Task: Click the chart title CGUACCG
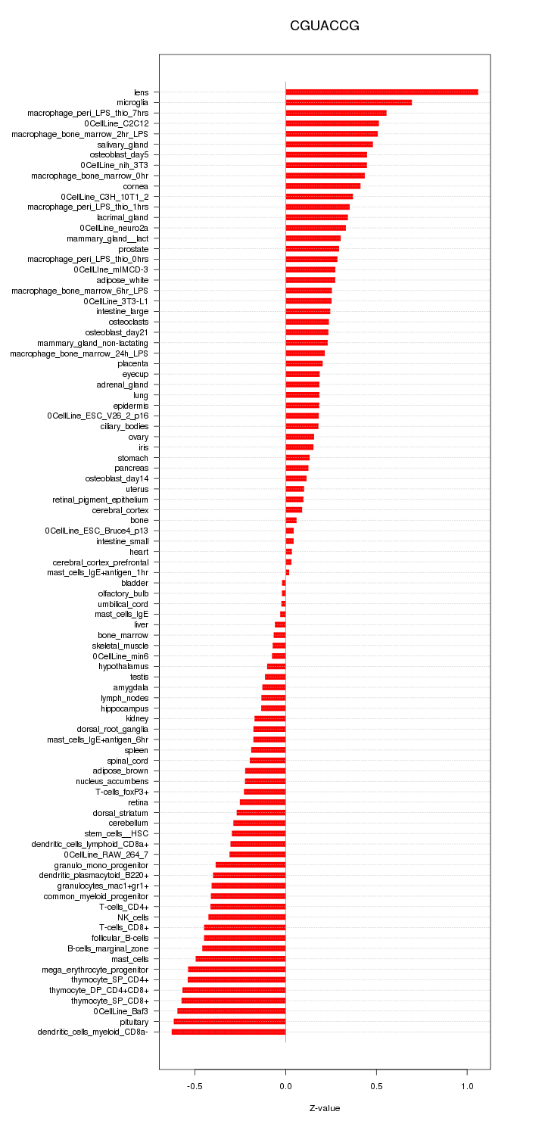coord(324,26)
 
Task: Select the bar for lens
coord(381,92)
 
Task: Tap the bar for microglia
coord(348,102)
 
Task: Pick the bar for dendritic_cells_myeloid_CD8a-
coord(229,1032)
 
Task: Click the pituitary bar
coord(230,1021)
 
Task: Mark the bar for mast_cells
coord(241,959)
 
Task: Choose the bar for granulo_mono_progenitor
coord(251,864)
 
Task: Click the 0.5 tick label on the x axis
coord(376,1085)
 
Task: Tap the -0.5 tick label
coord(195,1085)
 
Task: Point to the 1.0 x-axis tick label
coord(467,1085)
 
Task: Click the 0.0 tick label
coord(285,1085)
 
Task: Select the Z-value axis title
coord(324,1108)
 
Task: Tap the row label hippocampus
coord(125,708)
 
